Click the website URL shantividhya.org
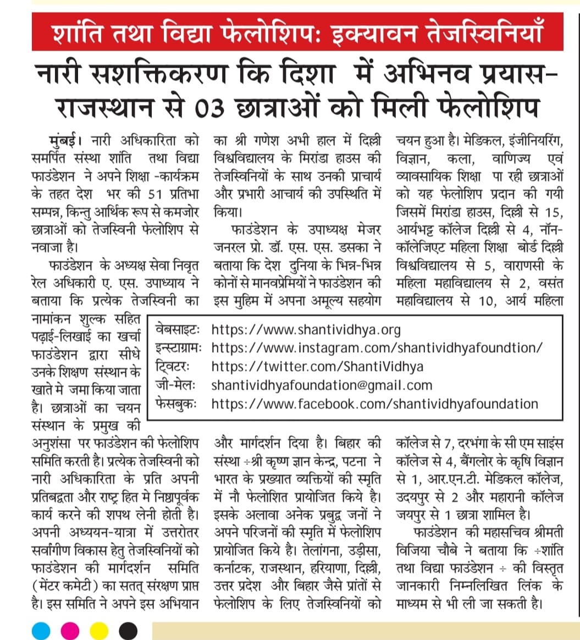point(306,330)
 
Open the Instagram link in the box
point(377,348)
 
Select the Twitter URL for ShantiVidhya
point(317,367)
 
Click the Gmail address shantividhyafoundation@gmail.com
point(322,385)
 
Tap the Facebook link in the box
point(374,404)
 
